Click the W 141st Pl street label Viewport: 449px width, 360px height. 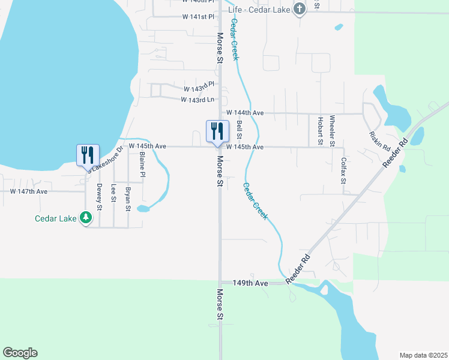click(198, 17)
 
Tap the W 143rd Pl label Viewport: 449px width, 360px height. click(199, 89)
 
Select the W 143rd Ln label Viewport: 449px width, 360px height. click(197, 100)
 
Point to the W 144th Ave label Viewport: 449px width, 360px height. click(245, 113)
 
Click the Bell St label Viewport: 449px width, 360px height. click(239, 127)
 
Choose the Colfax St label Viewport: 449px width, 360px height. click(343, 170)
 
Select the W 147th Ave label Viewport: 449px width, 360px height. click(29, 191)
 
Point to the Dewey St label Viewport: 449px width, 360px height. click(99, 197)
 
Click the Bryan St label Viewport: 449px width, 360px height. click(127, 199)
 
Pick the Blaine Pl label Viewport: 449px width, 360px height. click(142, 164)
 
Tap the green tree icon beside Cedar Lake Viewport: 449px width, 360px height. click(86, 218)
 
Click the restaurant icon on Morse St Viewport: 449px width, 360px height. click(217, 131)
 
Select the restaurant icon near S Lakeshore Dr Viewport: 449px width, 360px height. click(88, 154)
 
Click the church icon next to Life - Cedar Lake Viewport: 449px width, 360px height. click(300, 9)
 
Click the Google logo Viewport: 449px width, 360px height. click(20, 353)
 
